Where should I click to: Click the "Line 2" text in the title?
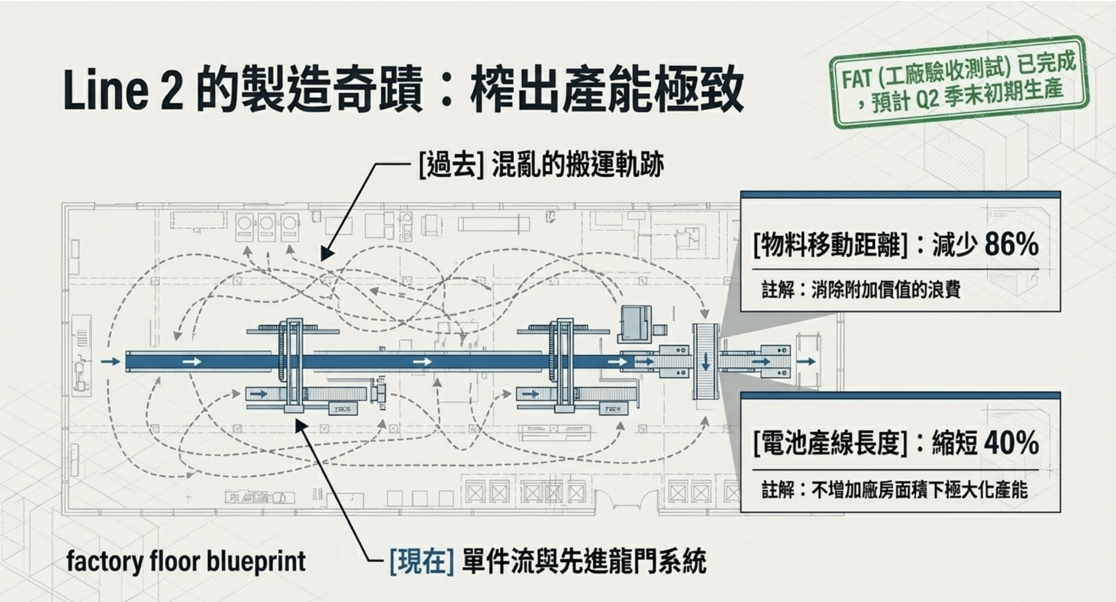click(123, 90)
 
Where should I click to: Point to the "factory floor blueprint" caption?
click(186, 562)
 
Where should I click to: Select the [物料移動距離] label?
click(830, 245)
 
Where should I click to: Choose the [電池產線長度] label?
click(830, 443)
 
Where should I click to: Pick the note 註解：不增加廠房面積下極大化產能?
click(894, 490)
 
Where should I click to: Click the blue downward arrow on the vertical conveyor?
click(706, 362)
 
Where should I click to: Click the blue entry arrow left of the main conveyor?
click(110, 362)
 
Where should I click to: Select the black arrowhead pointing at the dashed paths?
click(327, 254)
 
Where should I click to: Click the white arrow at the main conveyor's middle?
click(422, 362)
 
